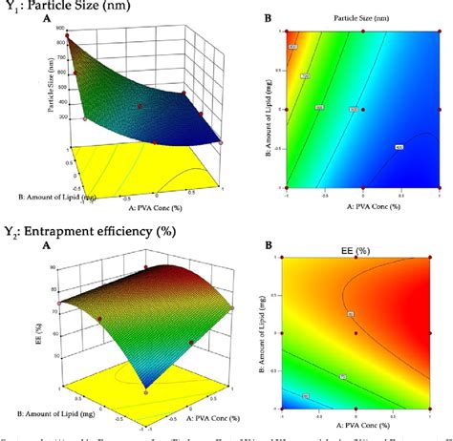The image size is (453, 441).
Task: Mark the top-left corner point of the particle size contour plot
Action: pyautogui.click(x=283, y=31)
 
